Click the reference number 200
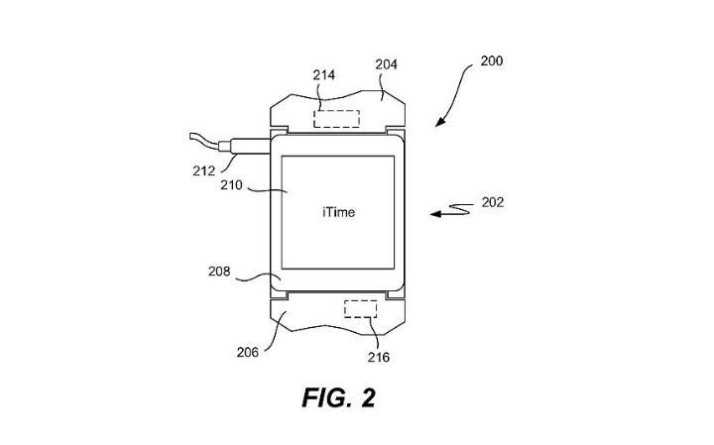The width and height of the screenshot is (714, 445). pyautogui.click(x=491, y=60)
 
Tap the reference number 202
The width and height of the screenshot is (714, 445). pyautogui.click(x=492, y=202)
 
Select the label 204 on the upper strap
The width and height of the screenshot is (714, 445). pyautogui.click(x=387, y=64)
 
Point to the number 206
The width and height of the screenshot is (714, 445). pyautogui.click(x=248, y=351)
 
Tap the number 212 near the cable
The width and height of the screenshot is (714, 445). pyautogui.click(x=204, y=169)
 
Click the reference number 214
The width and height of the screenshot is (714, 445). pyautogui.click(x=323, y=74)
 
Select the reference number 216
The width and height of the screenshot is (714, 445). pyautogui.click(x=379, y=357)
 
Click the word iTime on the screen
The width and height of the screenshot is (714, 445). pyautogui.click(x=338, y=212)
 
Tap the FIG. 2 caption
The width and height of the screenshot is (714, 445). pyautogui.click(x=339, y=398)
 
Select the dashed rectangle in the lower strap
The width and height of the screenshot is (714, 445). pyautogui.click(x=359, y=308)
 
